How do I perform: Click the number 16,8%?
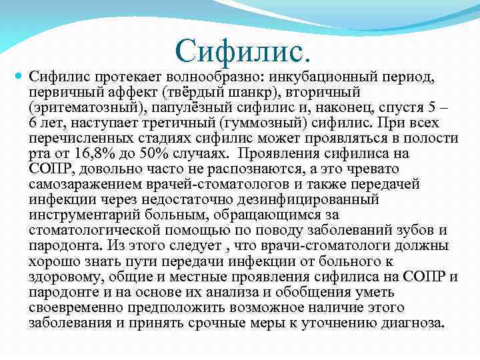[x=94, y=155]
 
